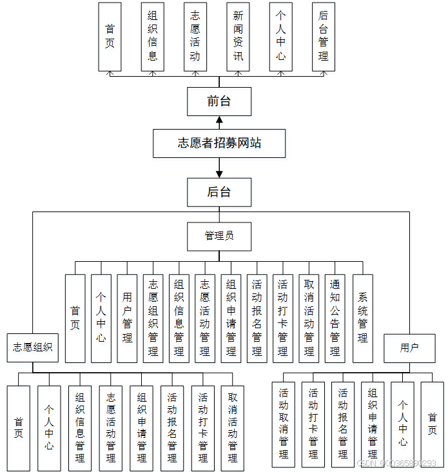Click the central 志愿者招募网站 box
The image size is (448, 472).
coord(219,143)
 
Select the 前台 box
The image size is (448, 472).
coord(219,101)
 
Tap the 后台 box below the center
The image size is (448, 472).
coord(219,192)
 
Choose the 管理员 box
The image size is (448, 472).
coord(219,236)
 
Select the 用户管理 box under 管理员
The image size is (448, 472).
coord(127,318)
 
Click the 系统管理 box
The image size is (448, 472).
coord(363,318)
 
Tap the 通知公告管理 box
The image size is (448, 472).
coord(335,318)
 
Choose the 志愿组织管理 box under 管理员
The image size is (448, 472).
coord(153,318)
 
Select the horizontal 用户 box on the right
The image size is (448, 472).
coord(409,348)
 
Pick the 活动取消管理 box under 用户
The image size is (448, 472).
coord(284,424)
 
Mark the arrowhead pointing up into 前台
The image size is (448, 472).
coord(219,119)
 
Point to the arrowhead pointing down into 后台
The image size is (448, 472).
coord(219,173)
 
